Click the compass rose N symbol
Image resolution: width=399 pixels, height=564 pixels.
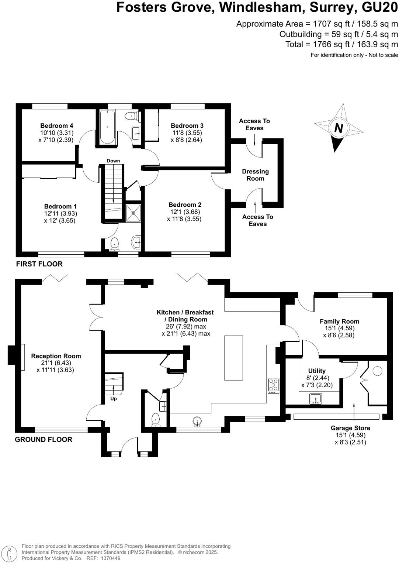click(339, 128)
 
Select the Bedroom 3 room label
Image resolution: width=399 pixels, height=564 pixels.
click(187, 126)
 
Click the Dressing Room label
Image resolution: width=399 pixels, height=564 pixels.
click(255, 175)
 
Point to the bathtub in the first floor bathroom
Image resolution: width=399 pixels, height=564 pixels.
click(107, 127)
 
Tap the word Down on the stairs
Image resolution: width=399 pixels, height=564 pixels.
click(113, 161)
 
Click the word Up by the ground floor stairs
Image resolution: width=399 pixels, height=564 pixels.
click(114, 399)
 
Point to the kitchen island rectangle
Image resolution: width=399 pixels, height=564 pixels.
click(234, 358)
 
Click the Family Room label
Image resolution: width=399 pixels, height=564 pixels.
click(339, 321)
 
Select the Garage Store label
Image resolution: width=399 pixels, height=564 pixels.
click(350, 428)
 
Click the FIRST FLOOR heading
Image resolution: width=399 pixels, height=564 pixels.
click(39, 264)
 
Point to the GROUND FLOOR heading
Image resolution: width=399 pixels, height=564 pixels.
click(44, 439)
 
